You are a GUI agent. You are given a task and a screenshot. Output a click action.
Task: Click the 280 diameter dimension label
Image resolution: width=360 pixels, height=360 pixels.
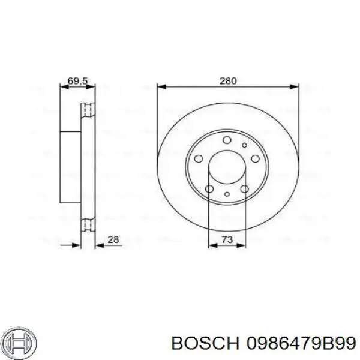pos(228,81)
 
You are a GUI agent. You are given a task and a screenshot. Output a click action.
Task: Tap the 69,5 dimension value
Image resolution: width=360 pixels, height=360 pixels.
pos(78,81)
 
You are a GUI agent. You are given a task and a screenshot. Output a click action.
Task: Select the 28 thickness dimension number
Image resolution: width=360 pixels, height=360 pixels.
pos(113,239)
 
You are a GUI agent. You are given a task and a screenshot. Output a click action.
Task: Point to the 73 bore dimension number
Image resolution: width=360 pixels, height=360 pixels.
pos(227,239)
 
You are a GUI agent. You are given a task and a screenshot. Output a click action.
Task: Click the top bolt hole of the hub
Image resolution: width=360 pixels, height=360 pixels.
pos(227,140)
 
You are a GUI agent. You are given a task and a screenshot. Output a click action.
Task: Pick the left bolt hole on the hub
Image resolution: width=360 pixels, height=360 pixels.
pos(199,158)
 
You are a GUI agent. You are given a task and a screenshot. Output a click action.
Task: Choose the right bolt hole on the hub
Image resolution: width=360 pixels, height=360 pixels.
pos(256,158)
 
